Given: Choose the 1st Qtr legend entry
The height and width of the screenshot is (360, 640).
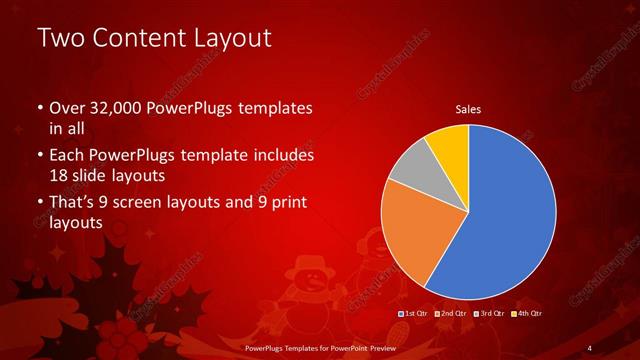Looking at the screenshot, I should [414, 314].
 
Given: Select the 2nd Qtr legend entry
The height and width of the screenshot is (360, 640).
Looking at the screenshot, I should [450, 314].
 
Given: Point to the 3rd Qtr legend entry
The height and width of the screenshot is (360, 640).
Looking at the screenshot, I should [489, 314].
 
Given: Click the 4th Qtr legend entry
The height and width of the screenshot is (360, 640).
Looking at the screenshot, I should [527, 314].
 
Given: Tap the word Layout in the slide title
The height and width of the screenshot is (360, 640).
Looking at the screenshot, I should [233, 38].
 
